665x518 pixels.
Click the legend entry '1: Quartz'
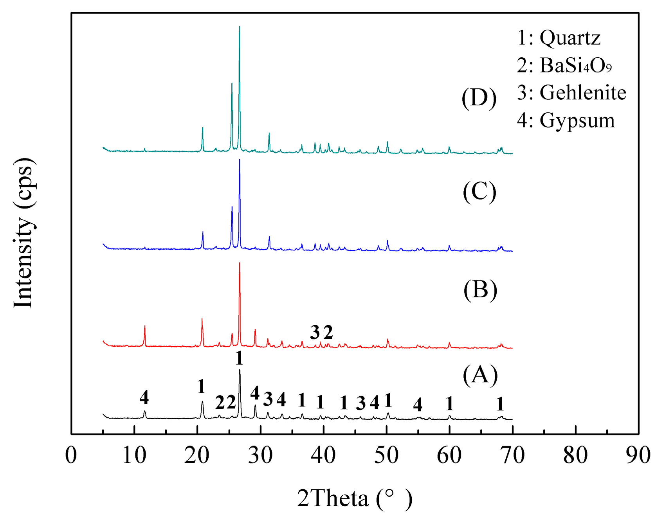[559, 38]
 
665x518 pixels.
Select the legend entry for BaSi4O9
[564, 65]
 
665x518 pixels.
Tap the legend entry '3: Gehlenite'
[571, 93]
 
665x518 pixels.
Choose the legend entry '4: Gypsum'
[566, 121]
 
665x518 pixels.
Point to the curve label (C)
[479, 192]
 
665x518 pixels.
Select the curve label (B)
[480, 290]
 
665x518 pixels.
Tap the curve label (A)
[480, 375]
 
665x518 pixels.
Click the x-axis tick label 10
[134, 455]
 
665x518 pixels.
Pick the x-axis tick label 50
[386, 455]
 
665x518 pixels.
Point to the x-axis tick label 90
[638, 455]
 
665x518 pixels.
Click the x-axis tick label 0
[71, 455]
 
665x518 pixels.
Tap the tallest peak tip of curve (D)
[239, 27]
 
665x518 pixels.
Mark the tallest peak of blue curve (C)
[240, 160]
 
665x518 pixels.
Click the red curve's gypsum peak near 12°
[144, 326]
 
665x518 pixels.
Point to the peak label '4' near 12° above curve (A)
[144, 397]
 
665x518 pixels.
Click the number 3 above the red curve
[315, 333]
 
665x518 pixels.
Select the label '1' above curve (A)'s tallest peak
[239, 358]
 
